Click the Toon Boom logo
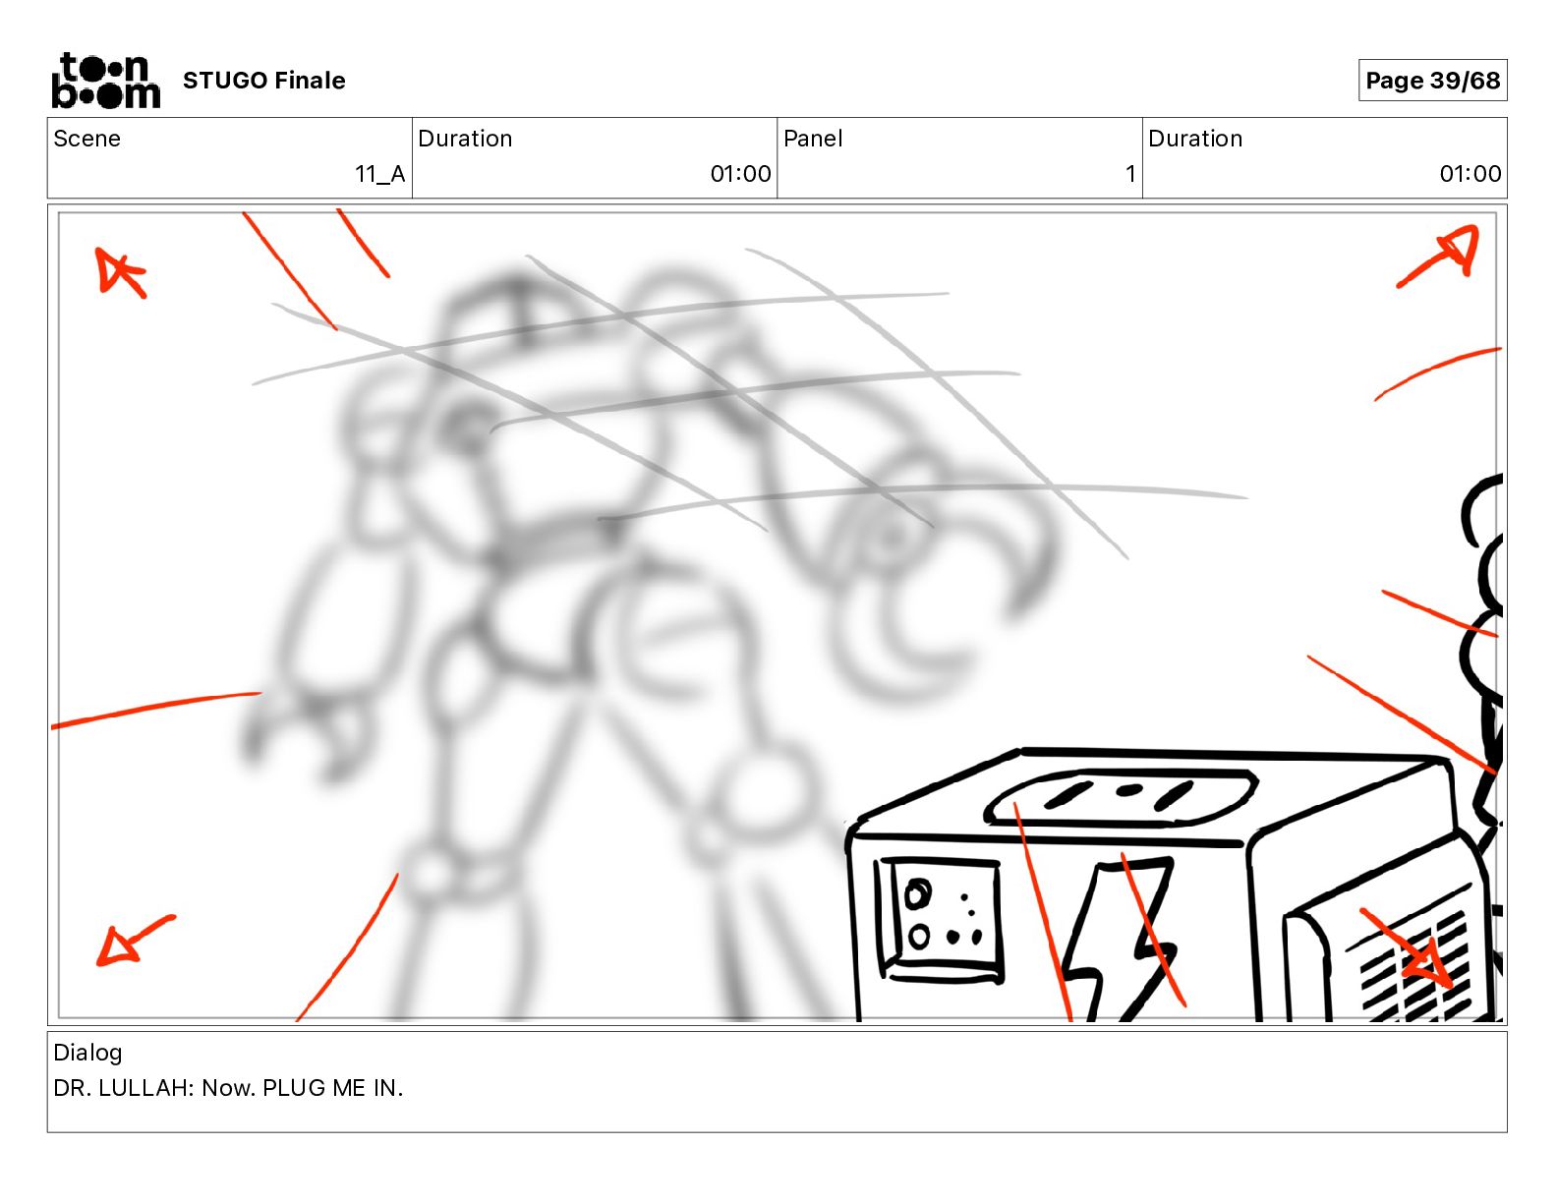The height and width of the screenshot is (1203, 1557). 106,81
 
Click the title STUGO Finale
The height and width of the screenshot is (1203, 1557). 263,81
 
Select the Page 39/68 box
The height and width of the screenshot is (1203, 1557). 1432,81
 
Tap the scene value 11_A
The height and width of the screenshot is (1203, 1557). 379,174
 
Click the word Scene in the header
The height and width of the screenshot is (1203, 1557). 86,139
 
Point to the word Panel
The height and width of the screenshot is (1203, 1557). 813,139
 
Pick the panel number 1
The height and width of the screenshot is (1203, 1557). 1130,174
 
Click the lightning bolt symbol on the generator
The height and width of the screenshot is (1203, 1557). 1118,940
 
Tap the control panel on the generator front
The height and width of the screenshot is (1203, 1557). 939,920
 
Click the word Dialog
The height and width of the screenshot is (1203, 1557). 87,1053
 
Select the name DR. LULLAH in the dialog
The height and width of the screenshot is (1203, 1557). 123,1088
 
